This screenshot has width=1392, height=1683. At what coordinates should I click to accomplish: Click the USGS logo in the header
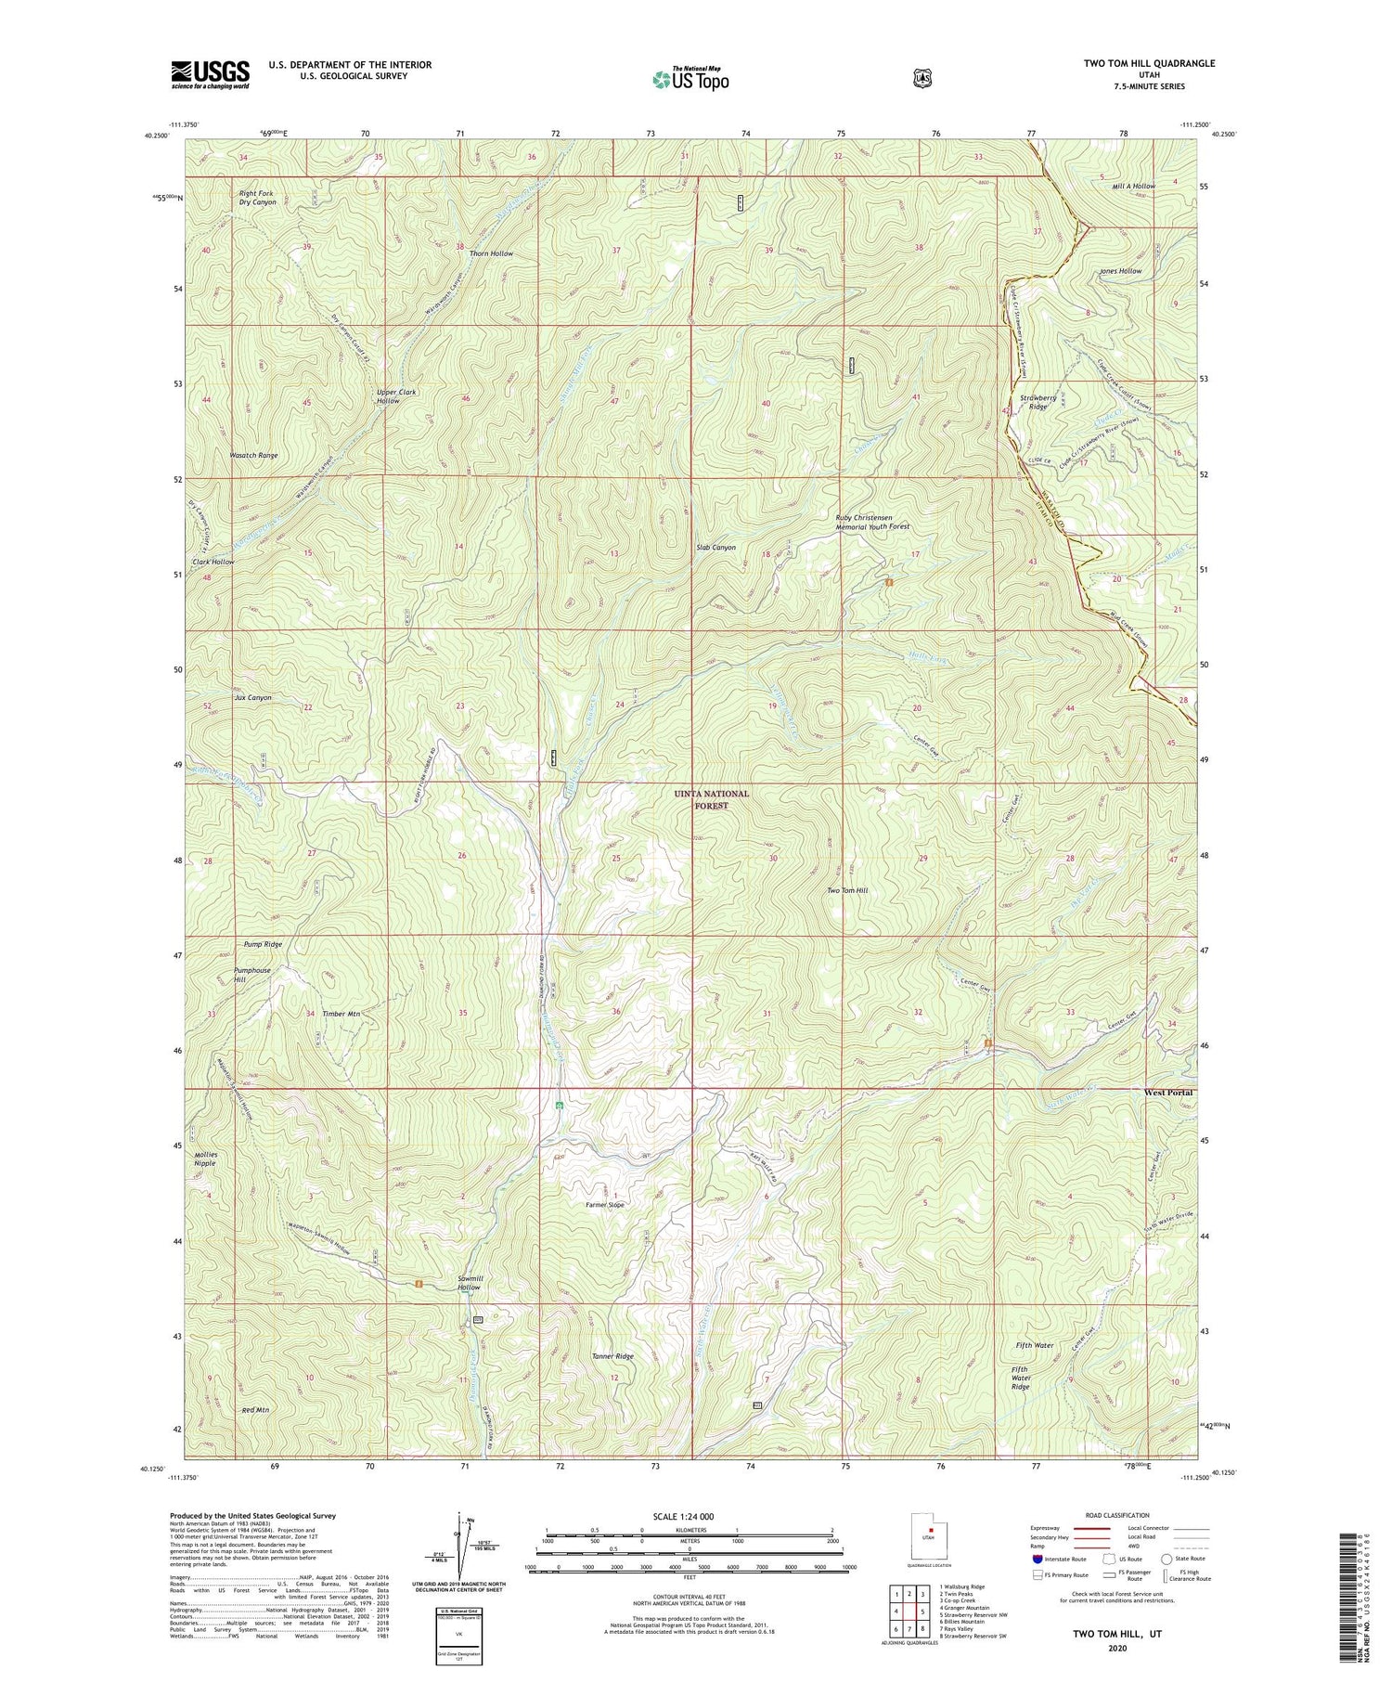pos(210,74)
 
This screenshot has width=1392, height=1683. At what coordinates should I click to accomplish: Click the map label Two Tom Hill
pos(847,890)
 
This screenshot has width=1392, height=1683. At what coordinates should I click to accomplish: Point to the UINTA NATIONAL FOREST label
pos(711,800)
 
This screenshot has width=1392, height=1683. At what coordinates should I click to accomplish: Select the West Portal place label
pos(1168,1093)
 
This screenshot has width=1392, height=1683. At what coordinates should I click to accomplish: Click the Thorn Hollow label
pos(491,253)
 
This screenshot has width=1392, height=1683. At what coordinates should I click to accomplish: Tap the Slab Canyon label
pos(715,548)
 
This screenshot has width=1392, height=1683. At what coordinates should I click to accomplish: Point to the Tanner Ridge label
pos(612,1356)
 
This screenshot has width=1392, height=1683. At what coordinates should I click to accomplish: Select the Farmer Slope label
pos(604,1205)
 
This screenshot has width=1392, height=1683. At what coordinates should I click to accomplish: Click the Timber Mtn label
pos(341,1014)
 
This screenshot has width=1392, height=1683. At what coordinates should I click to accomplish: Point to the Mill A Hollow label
pos(1133,187)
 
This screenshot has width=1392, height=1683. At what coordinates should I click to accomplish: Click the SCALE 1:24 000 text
pos(689,1516)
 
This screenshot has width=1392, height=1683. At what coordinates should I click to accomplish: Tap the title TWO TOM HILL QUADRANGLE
pos(1136,63)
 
